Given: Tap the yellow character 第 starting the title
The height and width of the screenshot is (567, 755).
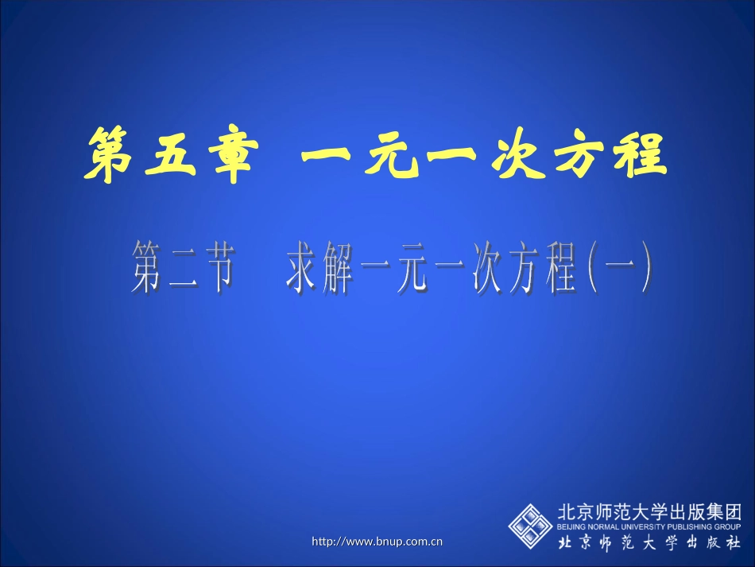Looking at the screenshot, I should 112,154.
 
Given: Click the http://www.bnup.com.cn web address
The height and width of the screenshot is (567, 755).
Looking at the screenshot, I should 377,542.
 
